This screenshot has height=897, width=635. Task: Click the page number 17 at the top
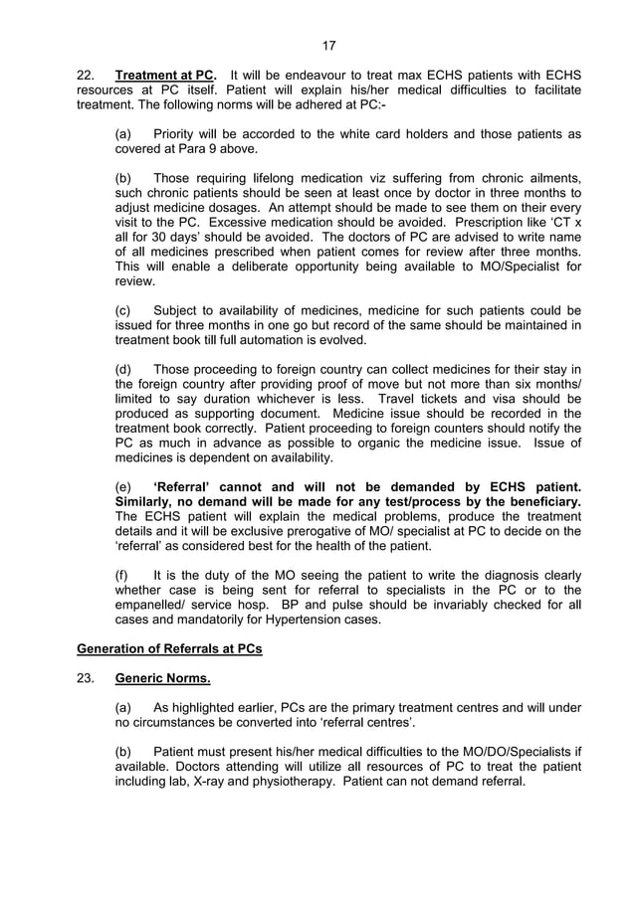pyautogui.click(x=329, y=46)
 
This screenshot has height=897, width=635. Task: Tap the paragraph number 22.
pyautogui.click(x=87, y=75)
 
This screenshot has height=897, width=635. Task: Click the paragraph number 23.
pyautogui.click(x=87, y=682)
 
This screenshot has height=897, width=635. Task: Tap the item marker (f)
pyautogui.click(x=123, y=575)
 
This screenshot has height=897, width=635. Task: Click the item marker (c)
pyautogui.click(x=124, y=310)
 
